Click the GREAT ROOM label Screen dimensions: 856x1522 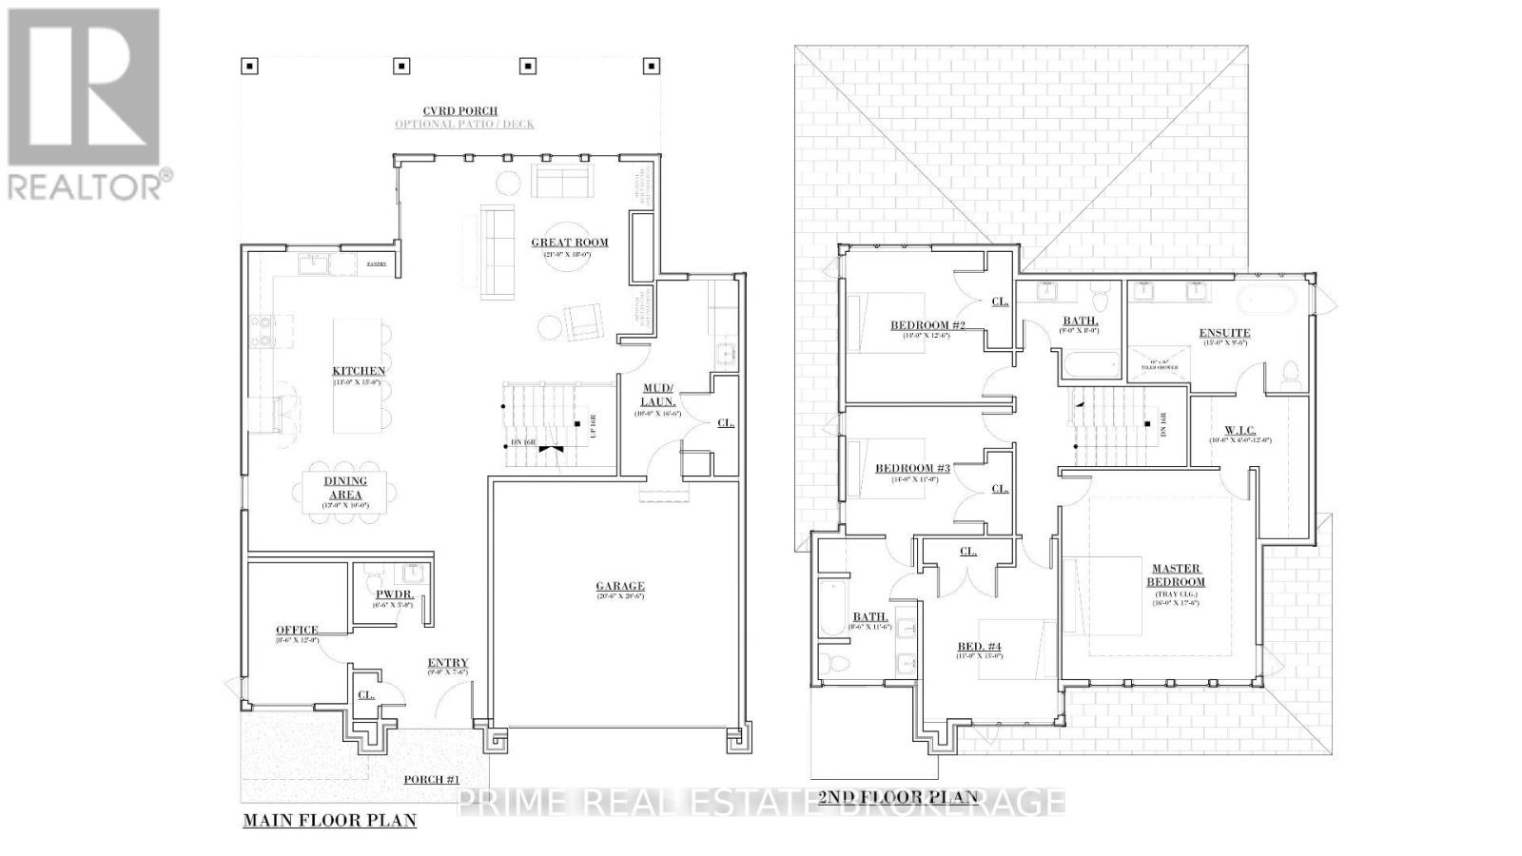tap(570, 243)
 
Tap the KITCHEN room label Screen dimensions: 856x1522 tap(359, 371)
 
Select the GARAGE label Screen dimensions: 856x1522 tap(620, 587)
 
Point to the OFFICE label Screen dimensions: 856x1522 tap(297, 631)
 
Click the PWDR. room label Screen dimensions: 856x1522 tap(393, 594)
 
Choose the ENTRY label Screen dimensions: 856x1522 tap(447, 664)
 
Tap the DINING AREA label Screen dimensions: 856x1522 tap(344, 488)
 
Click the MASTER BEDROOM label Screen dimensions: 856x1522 tap(1176, 575)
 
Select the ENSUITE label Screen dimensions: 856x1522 tap(1224, 333)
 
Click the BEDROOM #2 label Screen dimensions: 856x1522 tap(927, 325)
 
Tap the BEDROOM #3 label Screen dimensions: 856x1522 tap(912, 468)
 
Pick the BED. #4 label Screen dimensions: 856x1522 tap(979, 648)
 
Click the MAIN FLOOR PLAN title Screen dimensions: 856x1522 tap(329, 820)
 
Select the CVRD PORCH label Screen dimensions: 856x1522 tap(460, 111)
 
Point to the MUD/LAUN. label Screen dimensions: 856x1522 tap(658, 395)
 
